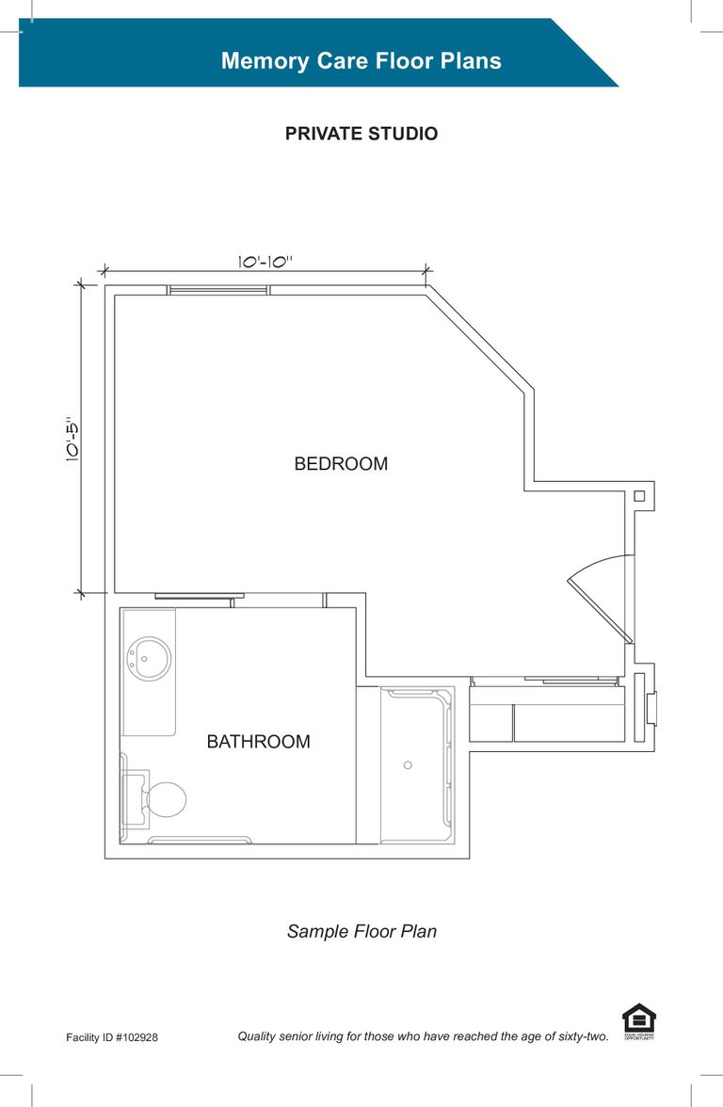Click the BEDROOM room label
pos(341,464)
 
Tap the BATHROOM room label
pos(258,742)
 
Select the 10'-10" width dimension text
pos(265,262)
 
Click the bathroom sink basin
pos(149,659)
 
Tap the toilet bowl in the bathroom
pos(167,800)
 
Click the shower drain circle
pos(408,765)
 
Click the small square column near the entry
pos(639,496)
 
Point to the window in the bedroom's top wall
pos(218,290)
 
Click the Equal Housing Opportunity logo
pos(639,1021)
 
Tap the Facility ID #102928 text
pos(112,1037)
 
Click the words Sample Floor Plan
pos(361,932)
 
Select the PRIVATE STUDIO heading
pos(361,134)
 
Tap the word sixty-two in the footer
pos(584,1036)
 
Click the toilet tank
pos(134,800)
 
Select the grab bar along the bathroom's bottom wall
pos(200,840)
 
